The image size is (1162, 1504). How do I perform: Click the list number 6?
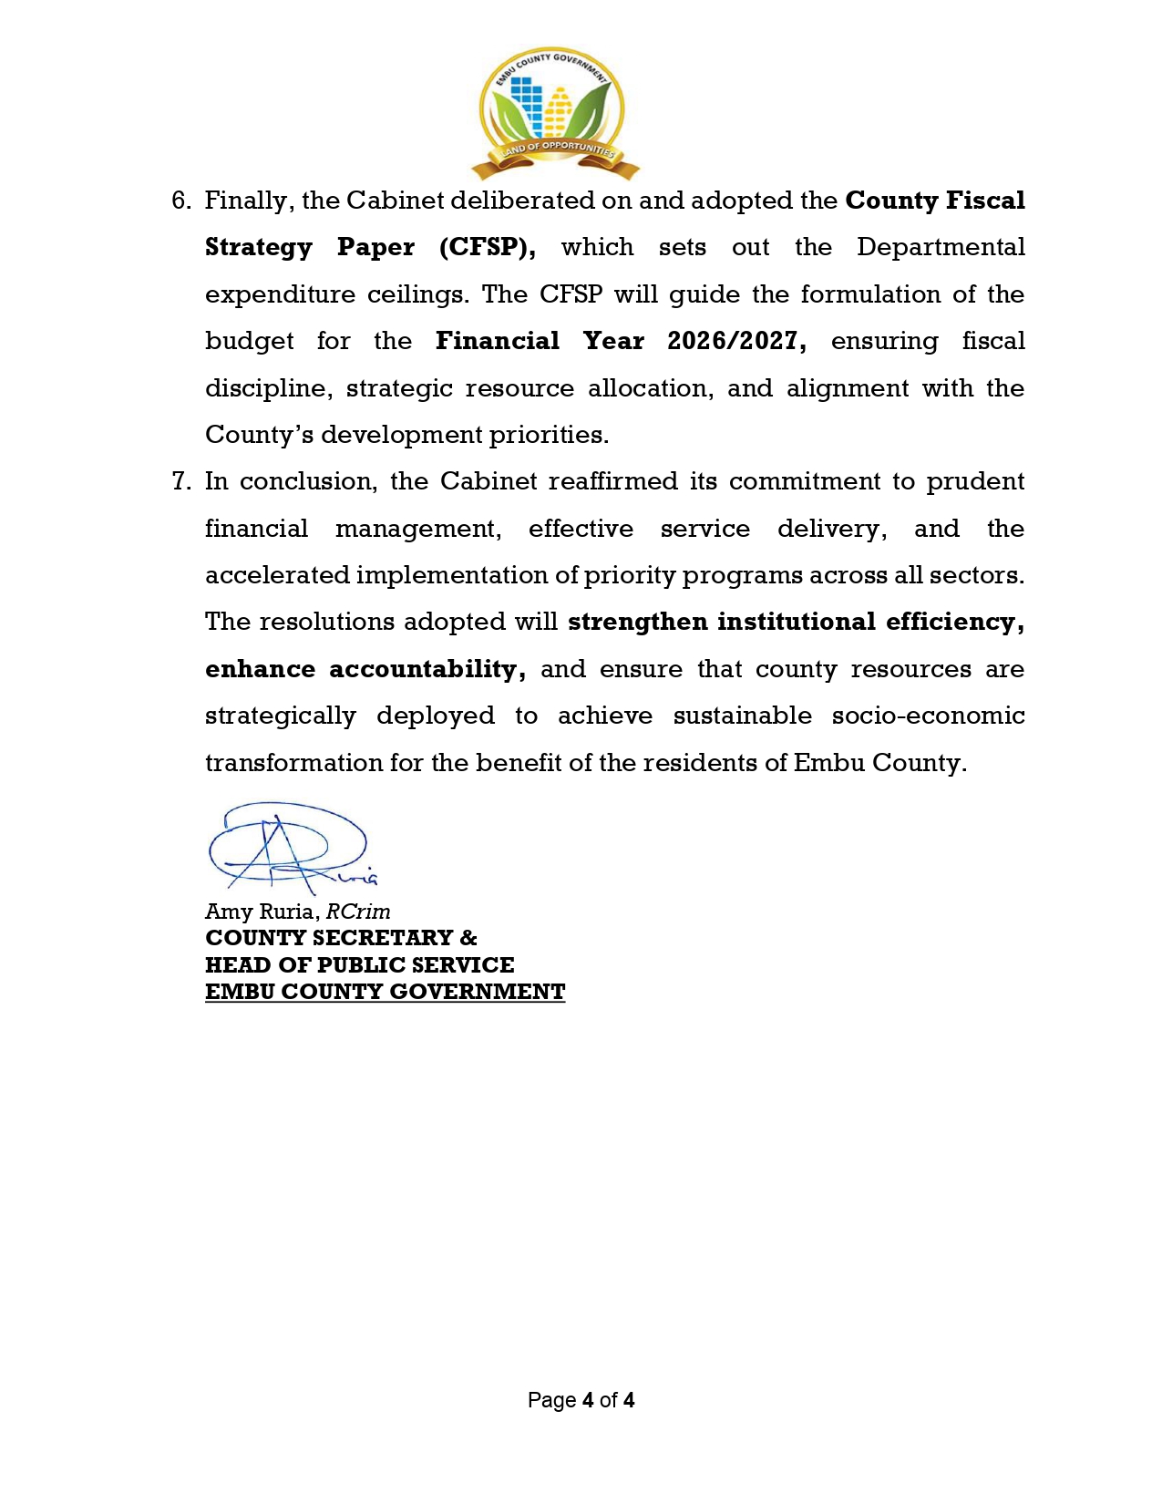pyautogui.click(x=180, y=201)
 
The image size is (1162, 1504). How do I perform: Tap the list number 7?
pyautogui.click(x=180, y=481)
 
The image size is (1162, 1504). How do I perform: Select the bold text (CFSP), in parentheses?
pyautogui.click(x=487, y=248)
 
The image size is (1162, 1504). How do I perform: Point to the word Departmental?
pyautogui.click(x=941, y=247)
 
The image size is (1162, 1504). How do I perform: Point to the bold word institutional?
pyautogui.click(x=796, y=622)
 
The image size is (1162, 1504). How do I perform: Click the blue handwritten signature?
pyautogui.click(x=288, y=846)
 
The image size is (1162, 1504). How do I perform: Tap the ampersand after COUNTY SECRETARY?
pyautogui.click(x=468, y=938)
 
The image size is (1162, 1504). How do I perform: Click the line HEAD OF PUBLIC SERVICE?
pyautogui.click(x=359, y=964)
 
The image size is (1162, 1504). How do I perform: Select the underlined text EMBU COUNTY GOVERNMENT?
pyautogui.click(x=385, y=992)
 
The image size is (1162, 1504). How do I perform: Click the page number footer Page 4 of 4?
pyautogui.click(x=581, y=1400)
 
